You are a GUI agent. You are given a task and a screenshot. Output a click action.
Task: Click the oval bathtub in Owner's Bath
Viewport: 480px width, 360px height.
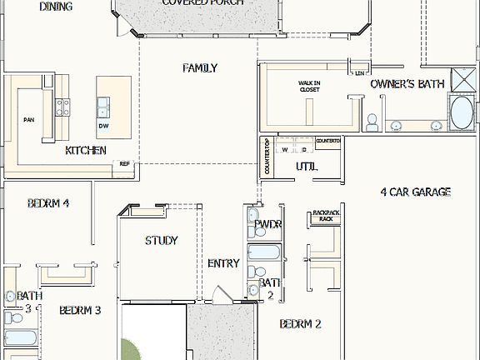460,112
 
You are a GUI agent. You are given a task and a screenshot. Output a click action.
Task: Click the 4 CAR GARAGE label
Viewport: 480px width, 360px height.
415,192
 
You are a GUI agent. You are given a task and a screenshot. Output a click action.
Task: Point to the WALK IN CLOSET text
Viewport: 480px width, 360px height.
310,86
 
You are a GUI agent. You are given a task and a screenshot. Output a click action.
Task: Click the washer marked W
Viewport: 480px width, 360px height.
286,150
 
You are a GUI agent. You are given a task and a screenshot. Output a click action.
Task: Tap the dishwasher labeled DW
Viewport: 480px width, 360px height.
103,126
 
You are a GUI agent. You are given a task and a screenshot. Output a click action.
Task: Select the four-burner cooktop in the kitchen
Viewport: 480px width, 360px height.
62,107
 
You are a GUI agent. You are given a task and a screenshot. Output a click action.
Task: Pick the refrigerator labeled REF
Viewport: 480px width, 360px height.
125,164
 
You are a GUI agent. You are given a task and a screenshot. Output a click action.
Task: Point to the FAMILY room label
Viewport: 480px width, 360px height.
200,68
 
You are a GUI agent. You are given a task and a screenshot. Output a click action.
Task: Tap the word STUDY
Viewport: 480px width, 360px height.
161,241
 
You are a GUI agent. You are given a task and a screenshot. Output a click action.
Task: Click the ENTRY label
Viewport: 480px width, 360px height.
223,263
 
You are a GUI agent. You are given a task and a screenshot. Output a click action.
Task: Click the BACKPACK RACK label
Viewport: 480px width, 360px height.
326,217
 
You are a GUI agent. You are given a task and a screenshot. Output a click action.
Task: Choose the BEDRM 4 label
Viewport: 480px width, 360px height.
47,202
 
